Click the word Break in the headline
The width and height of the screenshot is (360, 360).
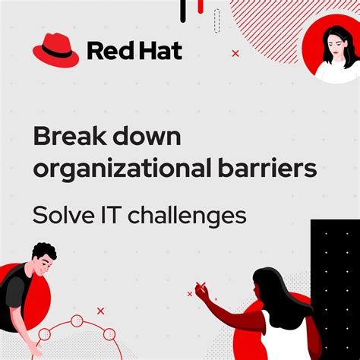pyautogui.click(x=71, y=137)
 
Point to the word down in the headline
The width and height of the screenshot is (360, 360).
pyautogui.click(x=148, y=137)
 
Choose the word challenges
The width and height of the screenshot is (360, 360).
pyautogui.click(x=187, y=216)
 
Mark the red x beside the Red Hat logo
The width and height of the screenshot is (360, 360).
pyautogui.click(x=235, y=53)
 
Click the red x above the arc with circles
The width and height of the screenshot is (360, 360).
pyautogui.click(x=100, y=311)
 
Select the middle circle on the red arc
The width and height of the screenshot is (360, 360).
pyautogui.click(x=77, y=321)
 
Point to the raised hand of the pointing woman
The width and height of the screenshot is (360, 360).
pyautogui.click(x=203, y=291)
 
